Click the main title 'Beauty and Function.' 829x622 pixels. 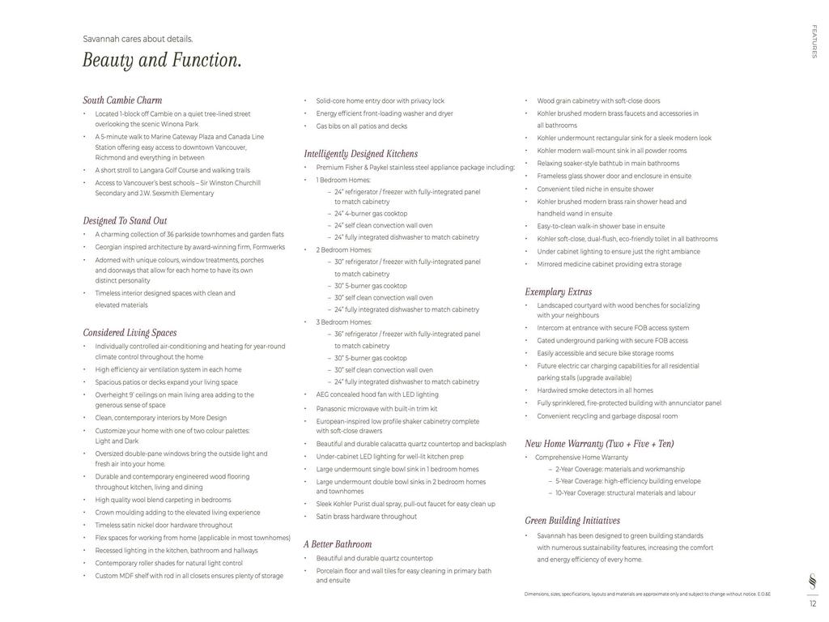[x=162, y=61]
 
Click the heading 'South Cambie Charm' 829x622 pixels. [x=122, y=100]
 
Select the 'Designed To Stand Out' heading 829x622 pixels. [x=125, y=220]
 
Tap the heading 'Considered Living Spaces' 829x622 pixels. [x=130, y=333]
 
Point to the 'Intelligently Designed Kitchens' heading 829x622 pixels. [x=361, y=154]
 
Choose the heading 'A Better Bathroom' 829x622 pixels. [x=338, y=544]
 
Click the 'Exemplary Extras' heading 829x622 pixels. [x=558, y=292]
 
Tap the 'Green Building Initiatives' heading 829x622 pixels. [x=572, y=521]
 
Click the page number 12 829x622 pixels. [x=813, y=603]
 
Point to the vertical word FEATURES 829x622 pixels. [x=814, y=41]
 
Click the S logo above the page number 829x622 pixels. [x=813, y=582]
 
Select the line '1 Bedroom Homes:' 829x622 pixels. [x=343, y=180]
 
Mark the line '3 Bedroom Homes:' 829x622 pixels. [x=344, y=322]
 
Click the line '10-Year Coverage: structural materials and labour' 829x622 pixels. [x=625, y=493]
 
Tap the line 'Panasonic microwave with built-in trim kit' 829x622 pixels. [x=376, y=409]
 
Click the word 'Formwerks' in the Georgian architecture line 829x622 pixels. [x=269, y=247]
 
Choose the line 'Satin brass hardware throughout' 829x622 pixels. [x=366, y=517]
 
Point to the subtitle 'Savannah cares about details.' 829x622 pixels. [x=138, y=39]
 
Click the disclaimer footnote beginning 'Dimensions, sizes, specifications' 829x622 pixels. [x=647, y=594]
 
